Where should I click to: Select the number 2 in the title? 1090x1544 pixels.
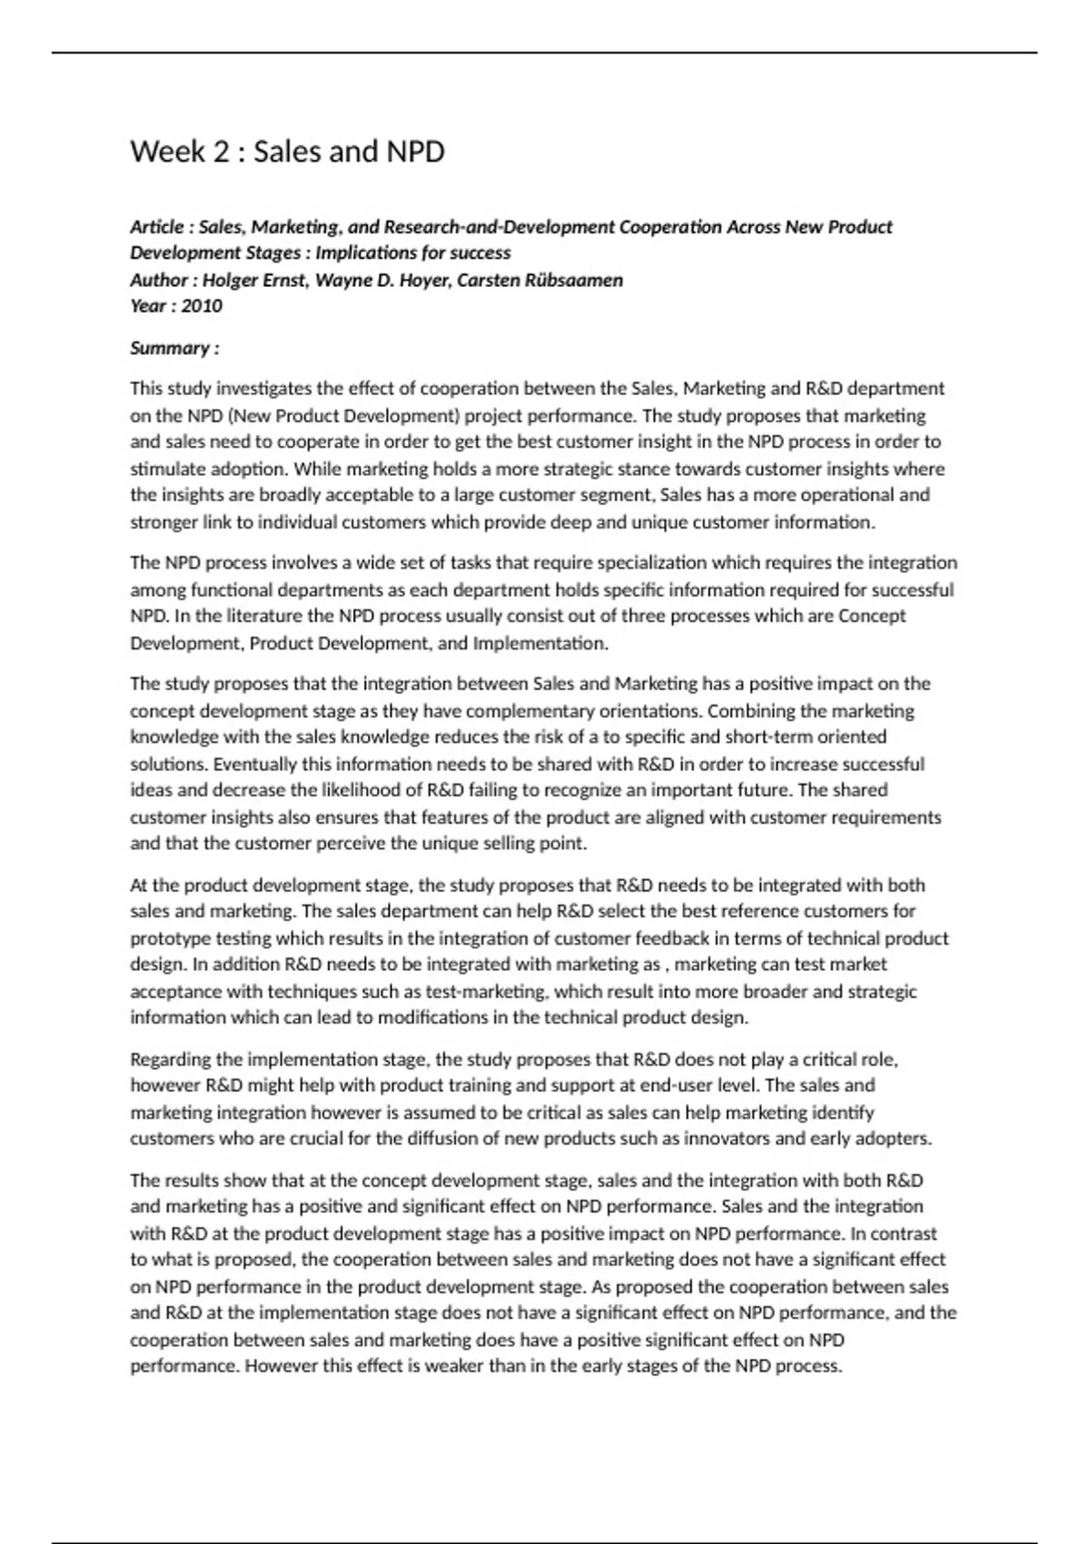click(221, 152)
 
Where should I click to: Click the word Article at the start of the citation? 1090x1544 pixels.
click(156, 227)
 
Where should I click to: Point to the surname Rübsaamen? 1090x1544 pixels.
click(575, 280)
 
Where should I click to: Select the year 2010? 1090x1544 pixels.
click(202, 306)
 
